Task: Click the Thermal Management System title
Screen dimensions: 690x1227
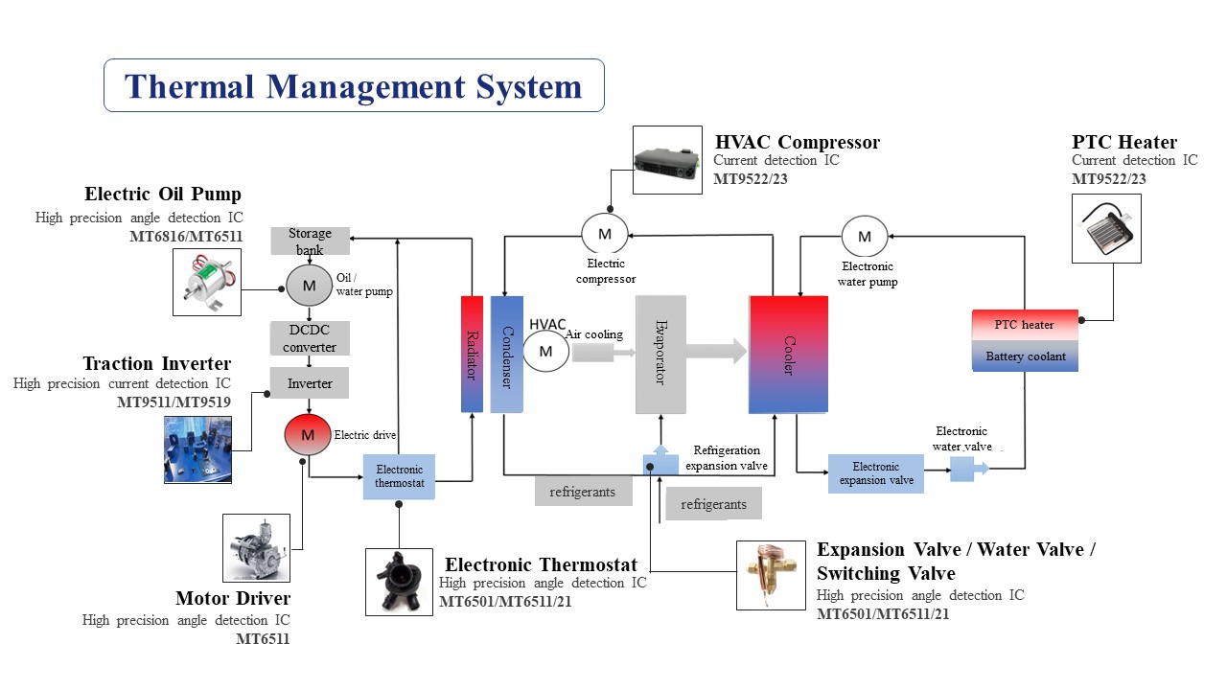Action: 354,86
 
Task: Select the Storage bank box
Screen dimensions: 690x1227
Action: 310,241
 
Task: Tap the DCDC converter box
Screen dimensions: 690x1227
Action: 310,337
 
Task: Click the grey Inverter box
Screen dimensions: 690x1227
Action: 310,383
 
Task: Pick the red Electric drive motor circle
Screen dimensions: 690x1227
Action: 308,435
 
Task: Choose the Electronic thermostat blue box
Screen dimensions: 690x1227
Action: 400,476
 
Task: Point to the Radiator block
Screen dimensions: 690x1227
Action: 472,354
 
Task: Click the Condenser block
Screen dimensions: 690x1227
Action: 506,354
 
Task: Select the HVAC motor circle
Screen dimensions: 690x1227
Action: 545,351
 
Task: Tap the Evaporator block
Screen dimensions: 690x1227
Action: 660,355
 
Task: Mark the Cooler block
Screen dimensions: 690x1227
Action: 789,355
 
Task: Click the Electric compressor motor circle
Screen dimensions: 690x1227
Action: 605,234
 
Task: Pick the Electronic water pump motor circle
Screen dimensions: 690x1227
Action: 865,237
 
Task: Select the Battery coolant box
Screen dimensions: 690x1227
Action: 1025,356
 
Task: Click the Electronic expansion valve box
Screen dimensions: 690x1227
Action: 876,473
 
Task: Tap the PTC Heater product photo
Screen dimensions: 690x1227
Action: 1106,227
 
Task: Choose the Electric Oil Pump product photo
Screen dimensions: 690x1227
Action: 206,282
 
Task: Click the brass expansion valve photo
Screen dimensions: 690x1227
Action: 772,575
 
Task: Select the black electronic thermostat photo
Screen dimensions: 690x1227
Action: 400,582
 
